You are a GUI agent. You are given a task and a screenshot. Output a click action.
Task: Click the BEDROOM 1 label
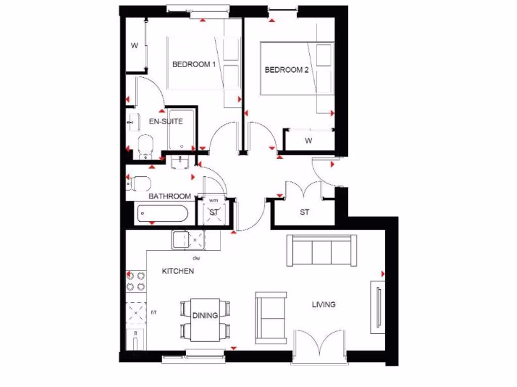point(194,64)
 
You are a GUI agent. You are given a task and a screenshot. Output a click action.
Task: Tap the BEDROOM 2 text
point(286,70)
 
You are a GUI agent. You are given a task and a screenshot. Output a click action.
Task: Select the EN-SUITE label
point(166,121)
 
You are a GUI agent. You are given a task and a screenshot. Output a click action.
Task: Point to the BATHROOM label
point(170,196)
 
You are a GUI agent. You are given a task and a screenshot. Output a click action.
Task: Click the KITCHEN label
point(177,271)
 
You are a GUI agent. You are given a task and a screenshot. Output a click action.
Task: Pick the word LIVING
point(323,304)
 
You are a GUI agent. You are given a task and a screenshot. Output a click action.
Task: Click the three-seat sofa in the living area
point(322,250)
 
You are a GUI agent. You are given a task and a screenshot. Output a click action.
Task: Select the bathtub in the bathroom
point(162,214)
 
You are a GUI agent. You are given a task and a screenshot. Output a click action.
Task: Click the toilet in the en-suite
point(145,144)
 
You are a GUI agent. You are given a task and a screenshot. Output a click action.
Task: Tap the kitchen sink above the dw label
point(188,240)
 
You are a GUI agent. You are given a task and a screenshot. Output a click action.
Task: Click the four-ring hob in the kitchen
point(135,281)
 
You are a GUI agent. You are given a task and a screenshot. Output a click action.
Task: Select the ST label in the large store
point(304,212)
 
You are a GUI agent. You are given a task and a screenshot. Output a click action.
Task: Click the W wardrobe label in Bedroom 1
point(134,46)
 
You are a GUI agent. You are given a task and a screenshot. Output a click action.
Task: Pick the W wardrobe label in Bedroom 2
point(308,141)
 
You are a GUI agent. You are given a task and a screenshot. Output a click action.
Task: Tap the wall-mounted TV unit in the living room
point(378,307)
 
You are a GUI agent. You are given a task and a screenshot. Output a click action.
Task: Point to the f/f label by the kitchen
point(154,313)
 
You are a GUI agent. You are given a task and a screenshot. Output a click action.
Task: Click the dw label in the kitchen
point(196,259)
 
